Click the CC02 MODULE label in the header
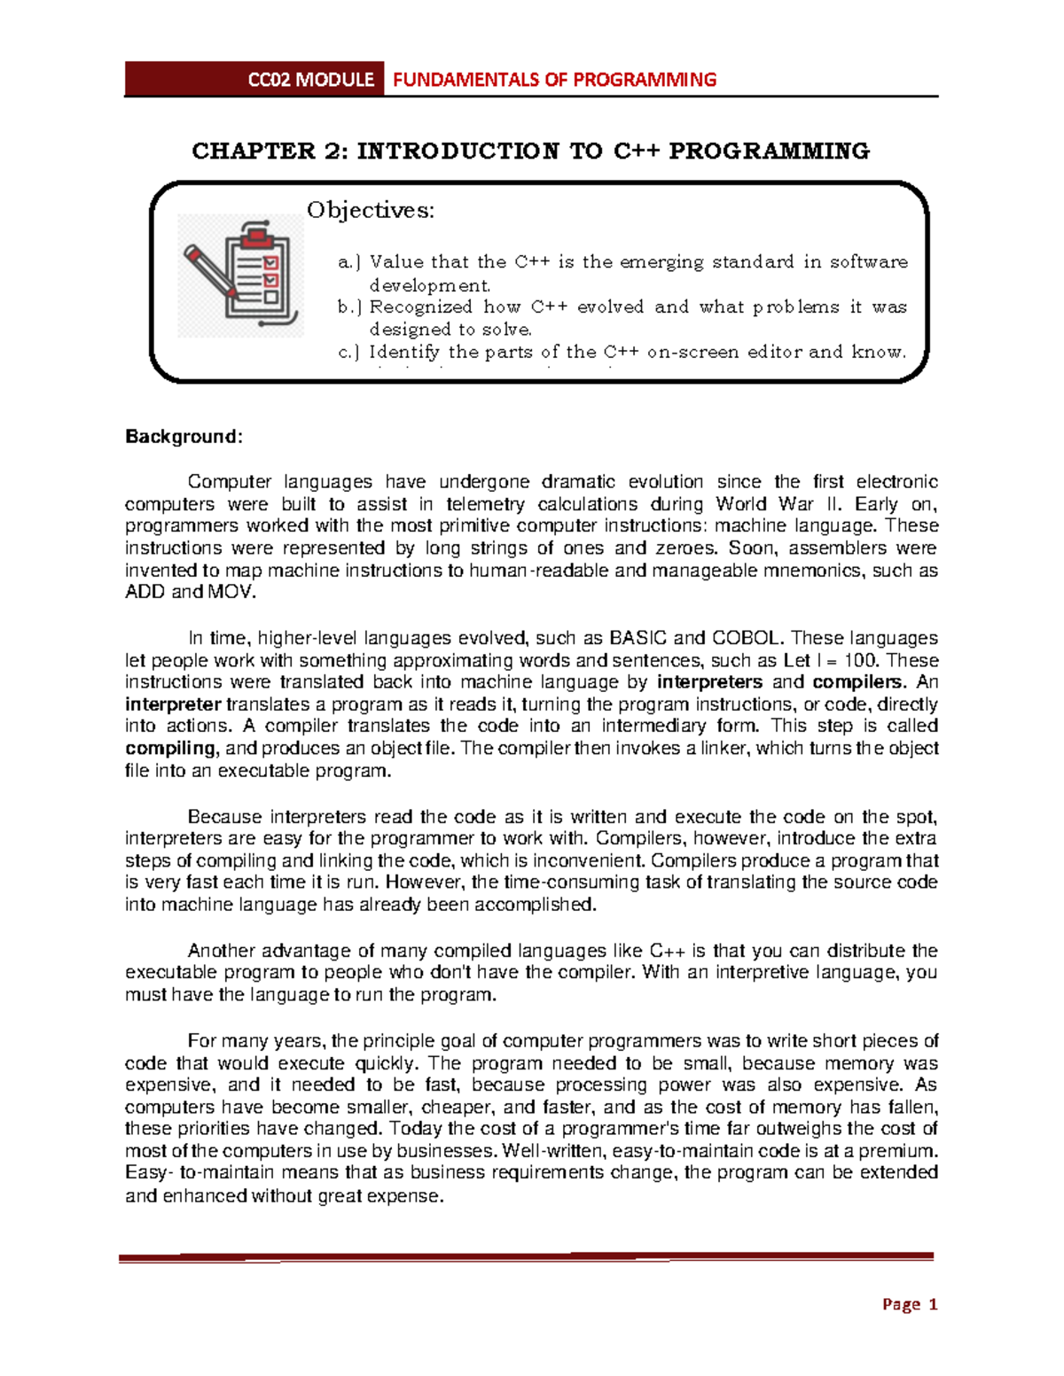pyautogui.click(x=309, y=80)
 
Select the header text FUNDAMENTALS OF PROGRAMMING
pyautogui.click(x=554, y=80)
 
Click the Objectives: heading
pyautogui.click(x=371, y=210)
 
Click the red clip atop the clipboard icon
pyautogui.click(x=257, y=237)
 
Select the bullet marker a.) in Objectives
pyautogui.click(x=349, y=262)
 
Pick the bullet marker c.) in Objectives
pyautogui.click(x=349, y=353)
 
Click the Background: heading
pyautogui.click(x=184, y=437)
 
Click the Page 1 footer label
pyautogui.click(x=910, y=1304)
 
